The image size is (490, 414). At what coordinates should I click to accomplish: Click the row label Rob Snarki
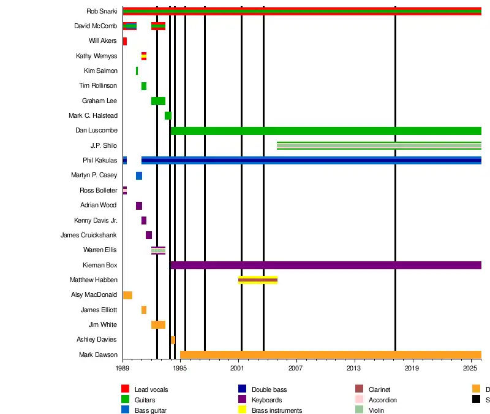pos(102,11)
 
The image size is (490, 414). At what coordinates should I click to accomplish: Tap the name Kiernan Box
pos(100,265)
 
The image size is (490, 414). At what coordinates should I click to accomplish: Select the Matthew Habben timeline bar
pos(258,280)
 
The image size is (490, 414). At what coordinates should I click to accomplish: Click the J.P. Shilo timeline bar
pos(379,145)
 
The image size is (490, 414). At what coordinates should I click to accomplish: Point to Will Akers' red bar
pos(125,41)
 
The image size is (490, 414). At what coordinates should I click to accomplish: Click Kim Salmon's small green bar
pos(137,71)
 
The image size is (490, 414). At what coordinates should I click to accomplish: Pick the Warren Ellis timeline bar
pos(158,250)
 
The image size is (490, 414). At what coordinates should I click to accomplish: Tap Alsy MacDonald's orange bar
pos(127,295)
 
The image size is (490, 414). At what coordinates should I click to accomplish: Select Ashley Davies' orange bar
pos(173,340)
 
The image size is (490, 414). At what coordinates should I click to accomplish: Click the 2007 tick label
pos(296,368)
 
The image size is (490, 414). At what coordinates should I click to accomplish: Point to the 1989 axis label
pos(123,368)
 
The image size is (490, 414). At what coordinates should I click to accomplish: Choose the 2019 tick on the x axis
pos(412,368)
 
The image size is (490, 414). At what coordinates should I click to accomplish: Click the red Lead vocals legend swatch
pos(125,389)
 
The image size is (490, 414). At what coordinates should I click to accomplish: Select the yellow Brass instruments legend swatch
pos(242,410)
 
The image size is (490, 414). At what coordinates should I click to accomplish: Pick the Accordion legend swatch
pos(359,399)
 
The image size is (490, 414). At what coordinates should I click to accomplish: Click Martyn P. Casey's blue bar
pos(139,175)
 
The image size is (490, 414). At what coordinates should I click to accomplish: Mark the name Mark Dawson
pos(98,355)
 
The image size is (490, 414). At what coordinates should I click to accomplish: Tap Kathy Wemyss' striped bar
pos(144,56)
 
